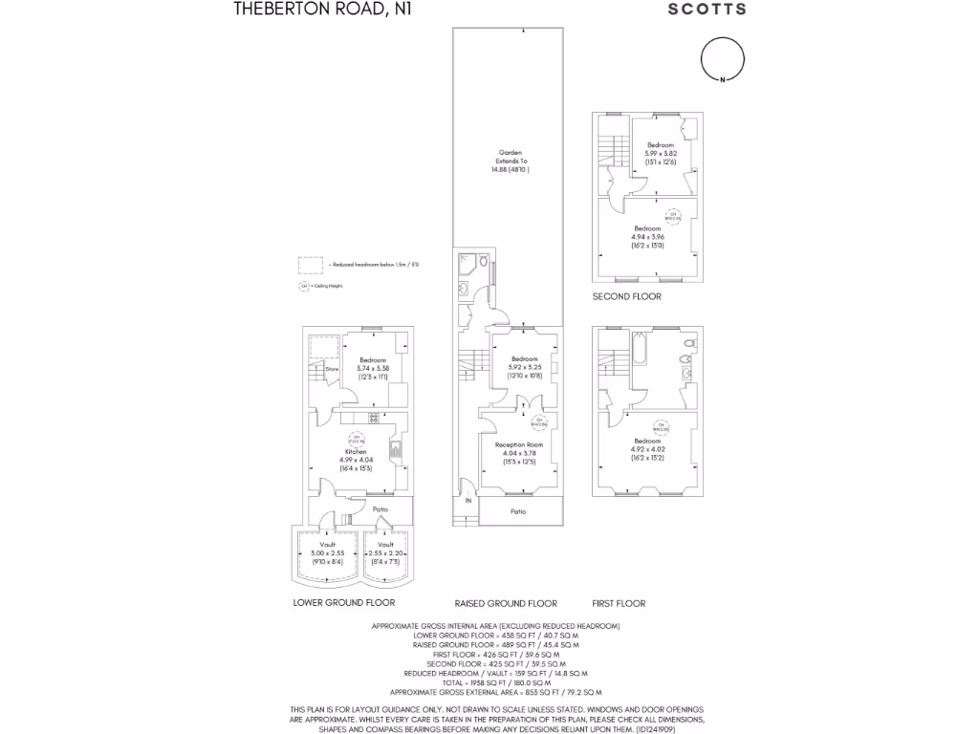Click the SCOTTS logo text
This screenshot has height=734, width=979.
click(x=706, y=10)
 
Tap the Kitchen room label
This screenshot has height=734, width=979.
click(x=356, y=451)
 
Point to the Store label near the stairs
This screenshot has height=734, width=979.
click(x=332, y=368)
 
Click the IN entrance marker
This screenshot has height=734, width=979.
click(x=468, y=500)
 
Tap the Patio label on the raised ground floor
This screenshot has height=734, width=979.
click(x=517, y=511)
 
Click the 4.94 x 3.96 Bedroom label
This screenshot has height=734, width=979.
click(x=647, y=234)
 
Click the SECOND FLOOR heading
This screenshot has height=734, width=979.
click(x=626, y=296)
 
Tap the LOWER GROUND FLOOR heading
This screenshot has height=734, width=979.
click(x=343, y=603)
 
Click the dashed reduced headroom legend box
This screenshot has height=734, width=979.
click(x=310, y=264)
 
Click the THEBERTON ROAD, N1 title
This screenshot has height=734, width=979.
click(x=297, y=10)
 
